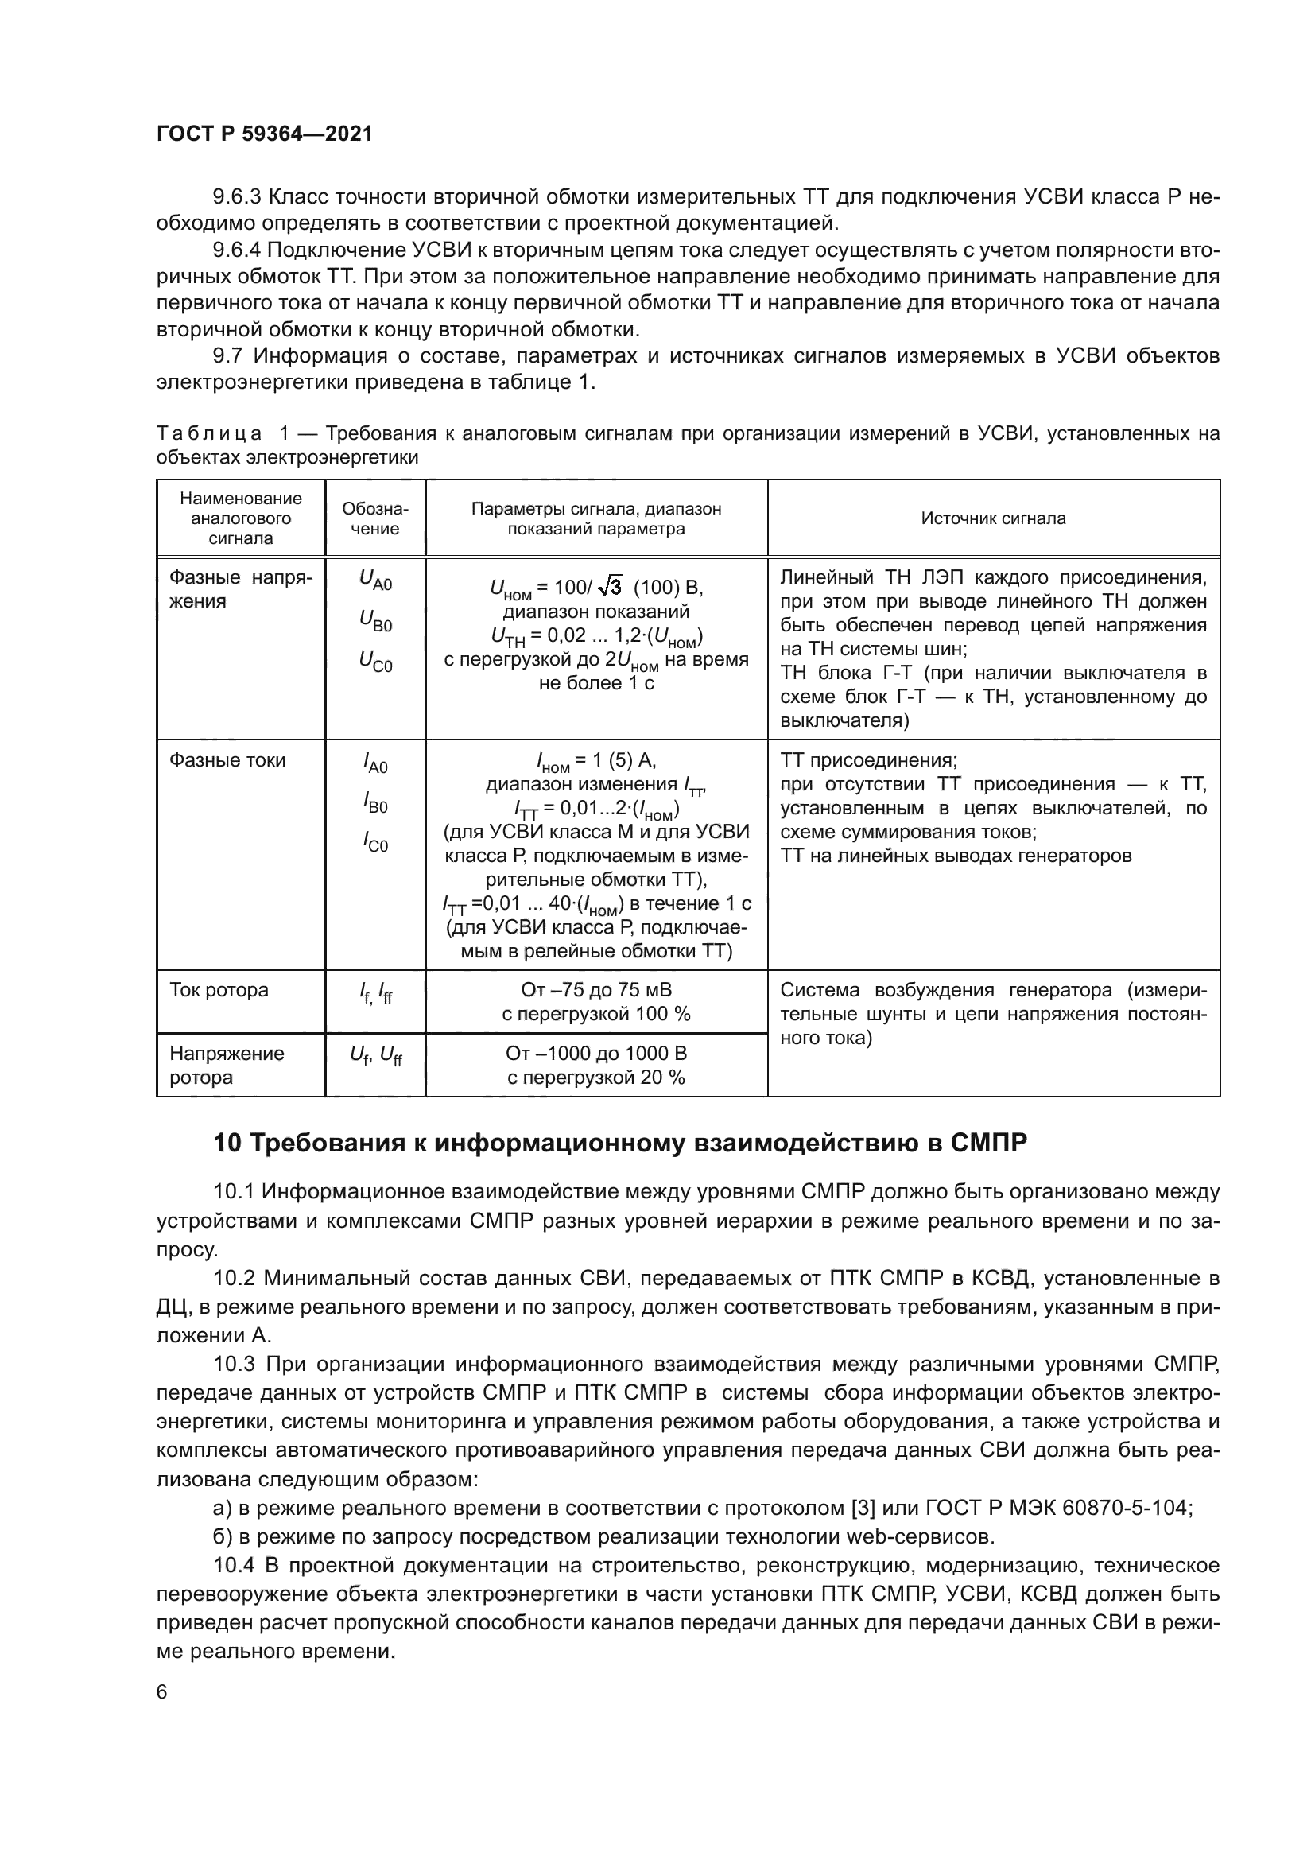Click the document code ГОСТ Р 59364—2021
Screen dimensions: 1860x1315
(x=264, y=134)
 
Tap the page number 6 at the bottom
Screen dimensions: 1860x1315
(x=162, y=1692)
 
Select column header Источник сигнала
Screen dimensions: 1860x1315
(x=993, y=518)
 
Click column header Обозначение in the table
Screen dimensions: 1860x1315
(x=375, y=518)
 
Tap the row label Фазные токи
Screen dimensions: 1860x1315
(x=227, y=760)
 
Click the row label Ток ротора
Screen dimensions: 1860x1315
(x=219, y=990)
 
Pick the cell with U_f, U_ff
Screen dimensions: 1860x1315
(x=375, y=1055)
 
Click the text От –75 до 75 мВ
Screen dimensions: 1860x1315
(x=596, y=990)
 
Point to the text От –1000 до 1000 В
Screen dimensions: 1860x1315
(x=596, y=1053)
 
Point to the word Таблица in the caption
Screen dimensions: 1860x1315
(x=209, y=434)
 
